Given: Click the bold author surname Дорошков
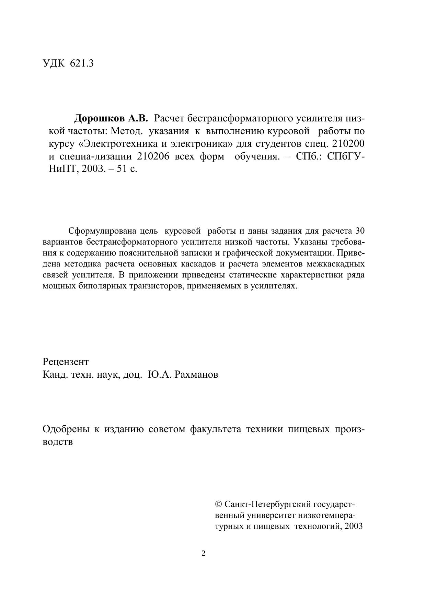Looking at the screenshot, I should click(100, 118).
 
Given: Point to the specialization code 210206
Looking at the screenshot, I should click(153, 156).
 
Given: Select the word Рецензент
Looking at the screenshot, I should click(66, 362).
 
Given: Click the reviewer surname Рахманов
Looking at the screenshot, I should click(196, 374).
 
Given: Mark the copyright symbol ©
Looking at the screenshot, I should click(218, 504).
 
